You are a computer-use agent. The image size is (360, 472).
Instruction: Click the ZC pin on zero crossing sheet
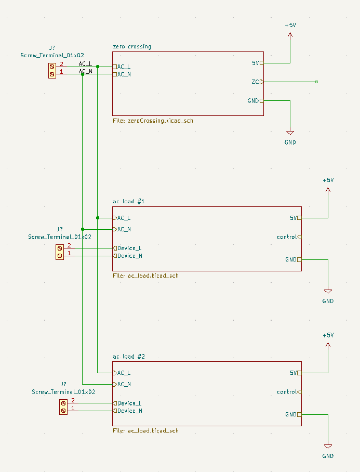[261, 82]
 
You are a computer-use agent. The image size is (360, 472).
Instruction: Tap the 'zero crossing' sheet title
[132, 47]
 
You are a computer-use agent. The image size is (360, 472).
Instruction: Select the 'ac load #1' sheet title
[129, 202]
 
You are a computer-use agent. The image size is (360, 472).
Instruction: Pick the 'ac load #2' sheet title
[129, 357]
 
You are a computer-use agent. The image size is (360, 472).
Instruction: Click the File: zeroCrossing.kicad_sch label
[153, 121]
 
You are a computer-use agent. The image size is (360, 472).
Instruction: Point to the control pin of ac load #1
[299, 237]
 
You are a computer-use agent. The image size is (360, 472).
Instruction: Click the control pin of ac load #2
[299, 392]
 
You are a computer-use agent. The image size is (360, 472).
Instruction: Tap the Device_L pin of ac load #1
[115, 248]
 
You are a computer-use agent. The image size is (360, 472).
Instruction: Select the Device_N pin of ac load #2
[115, 411]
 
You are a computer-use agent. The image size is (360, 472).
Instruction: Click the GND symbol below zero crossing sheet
[290, 134]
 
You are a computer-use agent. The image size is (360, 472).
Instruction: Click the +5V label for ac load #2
[328, 335]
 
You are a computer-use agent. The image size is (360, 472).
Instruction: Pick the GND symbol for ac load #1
[328, 292]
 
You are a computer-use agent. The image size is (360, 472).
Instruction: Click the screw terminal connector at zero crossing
[52, 70]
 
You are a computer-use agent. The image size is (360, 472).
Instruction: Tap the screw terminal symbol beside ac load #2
[63, 407]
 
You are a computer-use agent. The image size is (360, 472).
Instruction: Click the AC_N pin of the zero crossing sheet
[115, 74]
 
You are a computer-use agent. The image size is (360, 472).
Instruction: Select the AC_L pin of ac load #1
[115, 218]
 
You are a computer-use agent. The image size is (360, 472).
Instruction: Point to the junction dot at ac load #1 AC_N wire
[83, 229]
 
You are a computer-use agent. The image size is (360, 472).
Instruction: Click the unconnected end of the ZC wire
[316, 82]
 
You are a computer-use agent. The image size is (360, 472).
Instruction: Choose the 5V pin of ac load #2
[299, 373]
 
